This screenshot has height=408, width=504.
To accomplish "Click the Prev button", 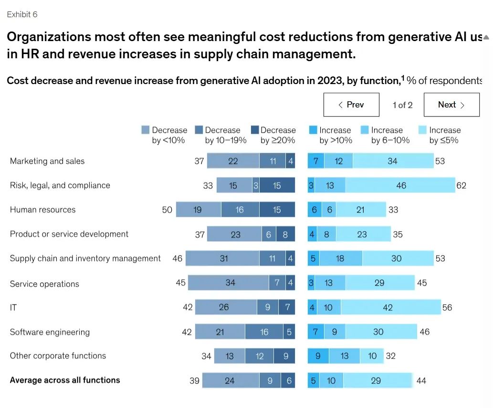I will [351, 105].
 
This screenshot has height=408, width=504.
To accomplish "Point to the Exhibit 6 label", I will [22, 14].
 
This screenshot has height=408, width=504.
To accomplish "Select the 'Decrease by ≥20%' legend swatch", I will [255, 130].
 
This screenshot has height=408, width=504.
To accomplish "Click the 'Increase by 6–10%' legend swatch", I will [365, 130].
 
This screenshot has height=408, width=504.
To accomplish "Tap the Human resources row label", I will [42, 210].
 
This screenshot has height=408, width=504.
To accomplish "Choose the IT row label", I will [13, 308].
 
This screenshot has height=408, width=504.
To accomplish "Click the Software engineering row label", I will [50, 332].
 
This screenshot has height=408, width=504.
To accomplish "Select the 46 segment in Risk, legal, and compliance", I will [400, 185].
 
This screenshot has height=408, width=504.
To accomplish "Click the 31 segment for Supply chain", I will [223, 258].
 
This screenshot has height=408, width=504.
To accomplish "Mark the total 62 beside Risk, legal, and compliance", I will [461, 185].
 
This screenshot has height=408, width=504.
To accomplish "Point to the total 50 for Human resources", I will [167, 210].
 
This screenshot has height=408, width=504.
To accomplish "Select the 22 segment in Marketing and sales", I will [233, 161].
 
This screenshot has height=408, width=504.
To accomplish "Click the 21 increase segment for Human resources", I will [360, 210].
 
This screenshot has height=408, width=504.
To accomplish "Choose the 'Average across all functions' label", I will [65, 380].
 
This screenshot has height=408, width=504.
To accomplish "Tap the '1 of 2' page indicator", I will [402, 105].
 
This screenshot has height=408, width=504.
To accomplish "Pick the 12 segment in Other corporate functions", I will [259, 356].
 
